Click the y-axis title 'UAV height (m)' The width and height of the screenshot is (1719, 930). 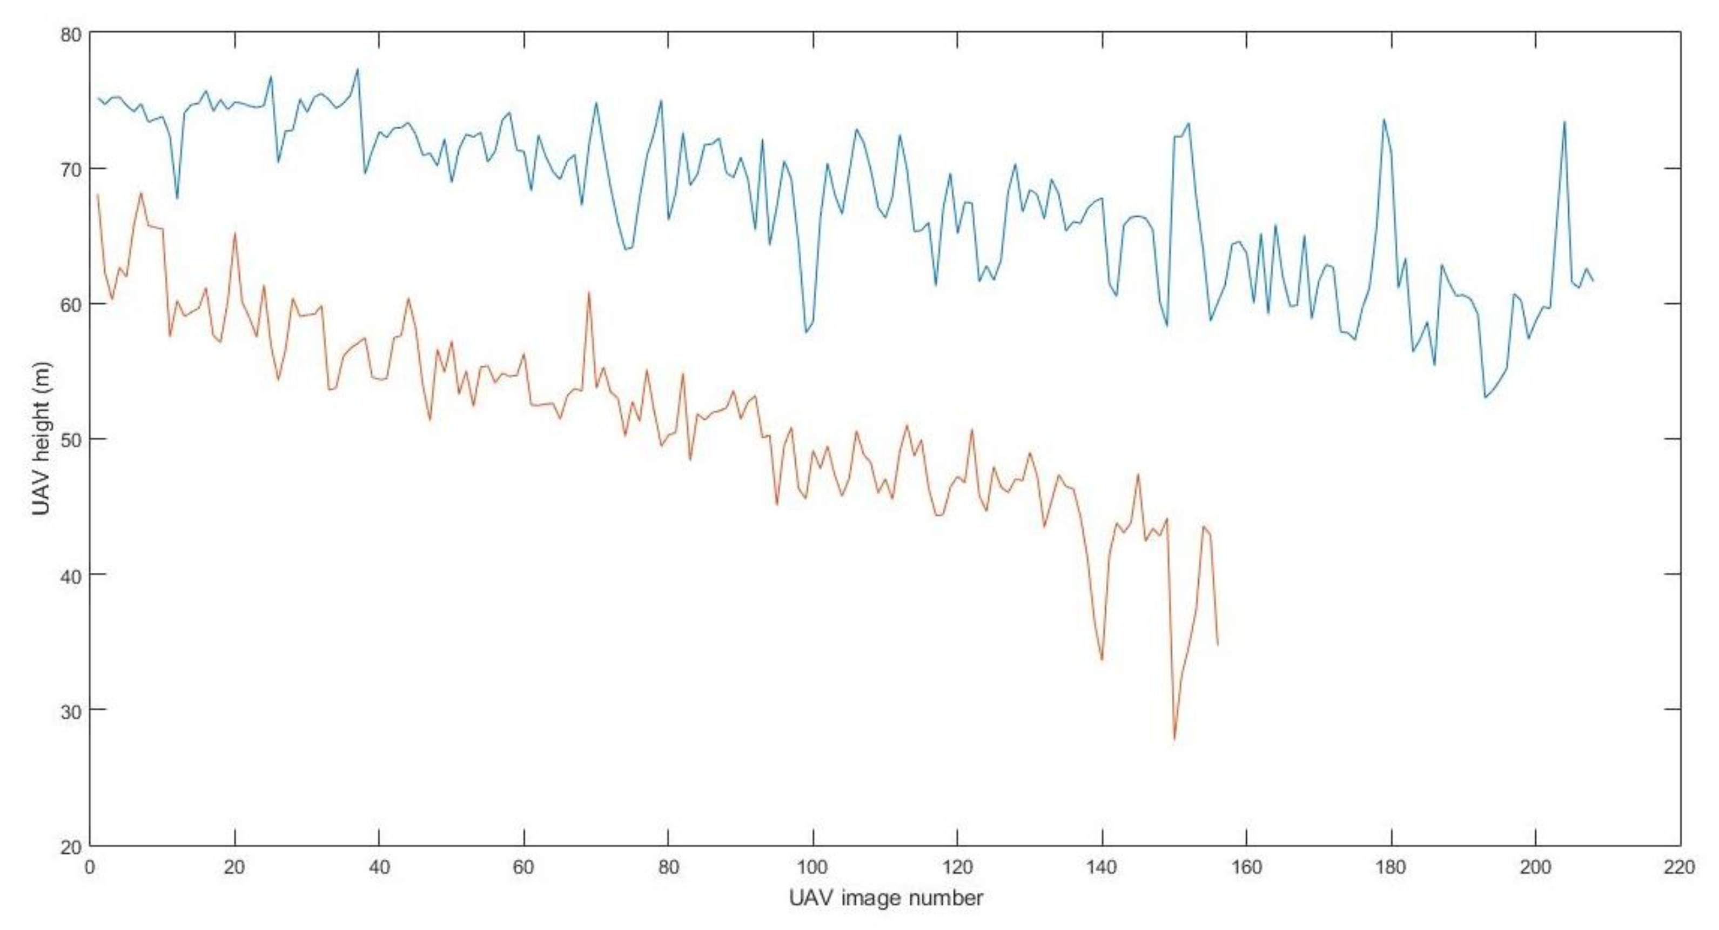coord(42,438)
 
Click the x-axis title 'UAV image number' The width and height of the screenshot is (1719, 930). coord(885,898)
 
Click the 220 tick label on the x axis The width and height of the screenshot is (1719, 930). coord(1680,868)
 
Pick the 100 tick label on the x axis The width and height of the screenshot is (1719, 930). coord(813,868)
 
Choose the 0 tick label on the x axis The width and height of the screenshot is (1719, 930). coord(90,868)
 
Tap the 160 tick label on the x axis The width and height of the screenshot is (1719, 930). coord(1246,868)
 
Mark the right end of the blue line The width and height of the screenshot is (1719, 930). coord(1593,281)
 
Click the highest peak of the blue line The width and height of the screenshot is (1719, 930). coord(358,69)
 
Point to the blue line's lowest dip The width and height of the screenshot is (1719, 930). coord(1485,397)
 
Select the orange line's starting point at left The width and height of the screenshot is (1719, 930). coord(97,195)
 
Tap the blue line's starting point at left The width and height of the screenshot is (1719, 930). coord(97,98)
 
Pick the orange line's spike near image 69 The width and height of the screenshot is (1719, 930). coord(588,292)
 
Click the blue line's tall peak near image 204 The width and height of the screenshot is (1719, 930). coord(1564,122)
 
